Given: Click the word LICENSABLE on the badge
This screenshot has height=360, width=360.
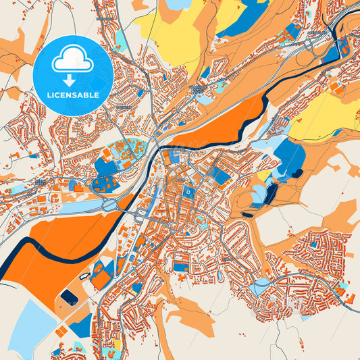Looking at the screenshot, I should point(74,95).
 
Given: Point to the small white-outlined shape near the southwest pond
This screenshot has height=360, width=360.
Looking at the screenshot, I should point(84,276).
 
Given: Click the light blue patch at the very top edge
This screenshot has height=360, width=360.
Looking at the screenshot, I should point(179,4).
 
